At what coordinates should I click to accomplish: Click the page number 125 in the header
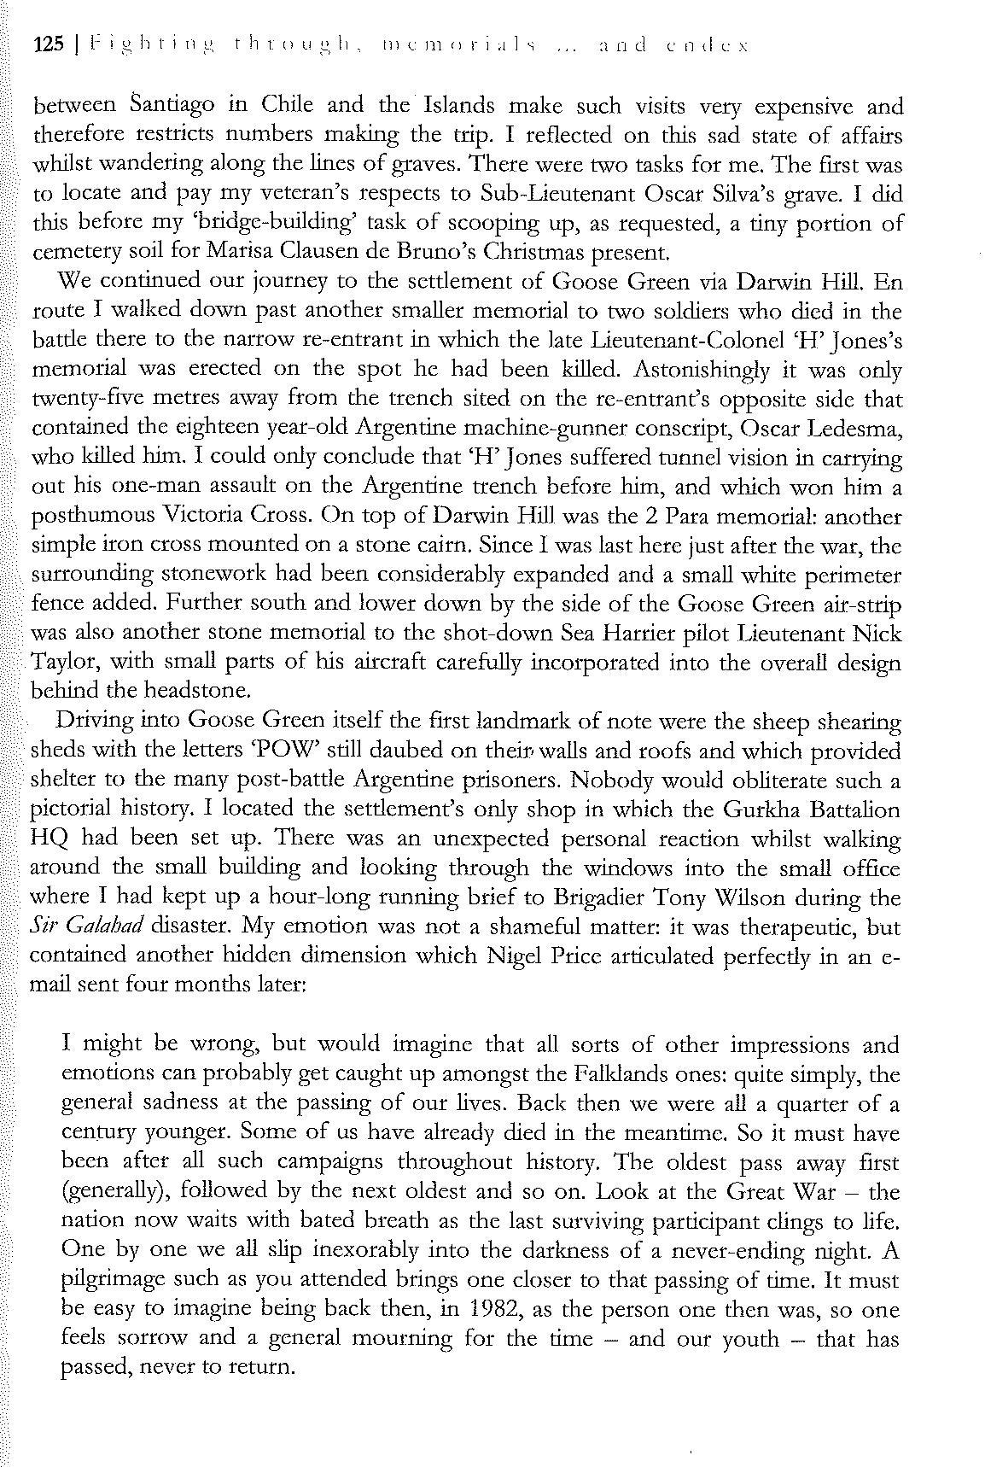(x=48, y=44)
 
